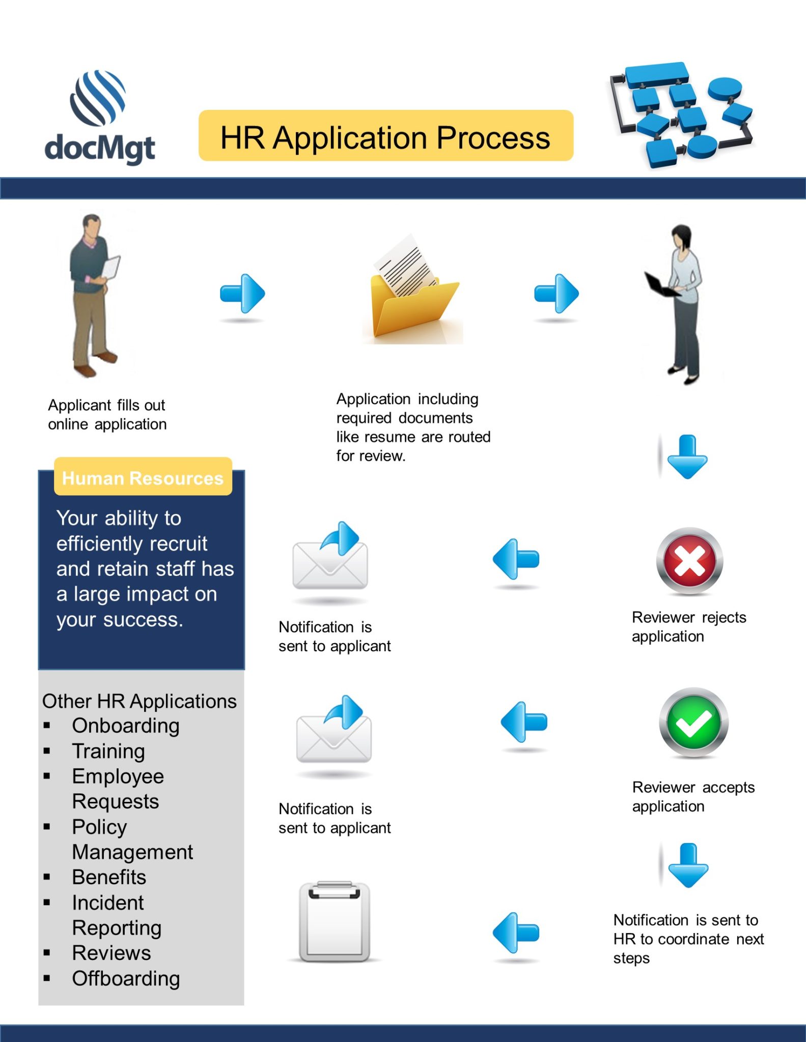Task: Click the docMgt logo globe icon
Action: click(98, 98)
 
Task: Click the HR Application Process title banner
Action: click(386, 136)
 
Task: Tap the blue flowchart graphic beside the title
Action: click(682, 114)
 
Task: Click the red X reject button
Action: click(689, 561)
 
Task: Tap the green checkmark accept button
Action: click(693, 722)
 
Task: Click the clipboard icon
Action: click(334, 921)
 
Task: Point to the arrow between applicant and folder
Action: click(242, 294)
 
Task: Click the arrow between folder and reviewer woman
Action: click(557, 294)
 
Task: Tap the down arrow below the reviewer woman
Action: click(687, 457)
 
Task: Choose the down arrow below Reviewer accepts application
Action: click(688, 865)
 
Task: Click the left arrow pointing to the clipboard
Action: click(516, 933)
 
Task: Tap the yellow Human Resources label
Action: click(143, 477)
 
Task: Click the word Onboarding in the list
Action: click(126, 726)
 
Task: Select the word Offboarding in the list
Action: click(126, 978)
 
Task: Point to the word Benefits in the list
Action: click(109, 877)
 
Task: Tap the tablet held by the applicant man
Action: click(112, 267)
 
